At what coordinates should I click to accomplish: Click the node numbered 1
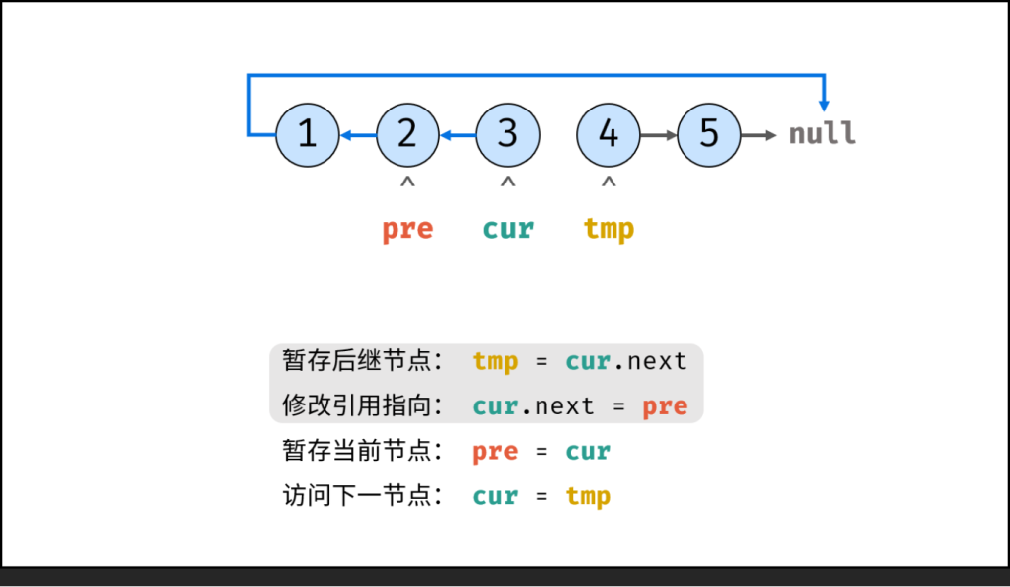(x=308, y=134)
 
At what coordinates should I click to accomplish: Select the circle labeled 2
(x=408, y=134)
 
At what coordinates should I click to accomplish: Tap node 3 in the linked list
(x=508, y=134)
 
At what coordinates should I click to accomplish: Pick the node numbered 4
(x=609, y=134)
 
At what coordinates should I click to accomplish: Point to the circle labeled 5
(x=709, y=134)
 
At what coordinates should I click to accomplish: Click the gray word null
(x=822, y=134)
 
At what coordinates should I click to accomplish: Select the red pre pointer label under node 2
(x=407, y=229)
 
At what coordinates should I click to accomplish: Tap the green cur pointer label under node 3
(x=508, y=229)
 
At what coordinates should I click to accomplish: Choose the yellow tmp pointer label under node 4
(x=609, y=229)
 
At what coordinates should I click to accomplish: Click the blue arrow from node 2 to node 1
(x=358, y=134)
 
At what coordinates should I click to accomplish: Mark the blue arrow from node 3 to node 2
(x=459, y=134)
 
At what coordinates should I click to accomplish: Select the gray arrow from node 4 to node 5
(x=659, y=134)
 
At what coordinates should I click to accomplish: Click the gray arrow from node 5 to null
(x=759, y=134)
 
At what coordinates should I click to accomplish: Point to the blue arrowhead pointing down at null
(x=825, y=103)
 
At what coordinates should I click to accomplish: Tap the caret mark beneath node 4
(x=609, y=183)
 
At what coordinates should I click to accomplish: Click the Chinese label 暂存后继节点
(x=362, y=361)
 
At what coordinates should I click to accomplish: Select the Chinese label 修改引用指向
(x=362, y=406)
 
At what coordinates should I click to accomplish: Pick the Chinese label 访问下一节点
(x=362, y=496)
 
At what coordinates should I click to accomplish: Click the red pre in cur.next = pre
(x=664, y=406)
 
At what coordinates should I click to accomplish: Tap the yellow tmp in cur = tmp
(x=588, y=496)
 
